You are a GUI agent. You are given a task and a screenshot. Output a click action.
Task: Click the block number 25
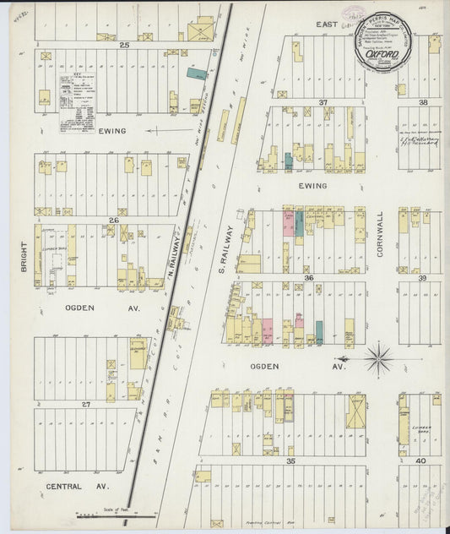tap(124, 43)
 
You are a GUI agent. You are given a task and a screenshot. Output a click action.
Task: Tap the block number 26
tap(113, 220)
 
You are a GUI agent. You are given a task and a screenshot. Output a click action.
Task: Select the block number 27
tap(85, 405)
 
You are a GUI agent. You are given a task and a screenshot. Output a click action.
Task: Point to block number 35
tap(290, 461)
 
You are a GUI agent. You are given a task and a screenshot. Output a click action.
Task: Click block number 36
tap(309, 277)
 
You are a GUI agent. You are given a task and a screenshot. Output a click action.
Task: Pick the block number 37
tap(323, 102)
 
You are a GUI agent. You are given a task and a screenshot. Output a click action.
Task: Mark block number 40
tap(420, 461)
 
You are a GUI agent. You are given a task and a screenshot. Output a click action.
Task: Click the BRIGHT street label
tap(23, 258)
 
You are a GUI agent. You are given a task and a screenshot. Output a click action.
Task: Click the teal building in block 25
tap(197, 74)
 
